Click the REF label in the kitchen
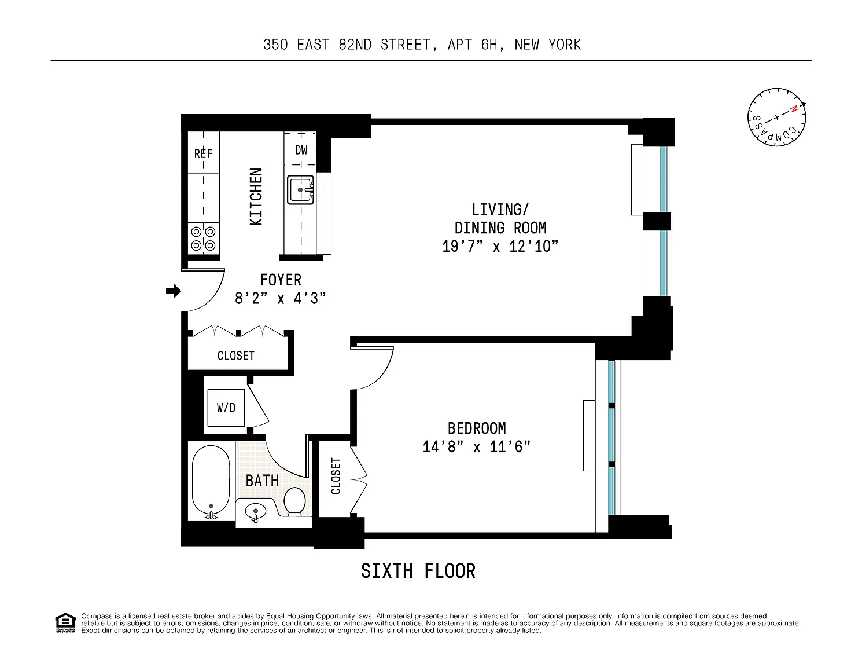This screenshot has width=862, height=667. click(x=203, y=153)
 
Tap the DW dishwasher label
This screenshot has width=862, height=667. click(x=301, y=150)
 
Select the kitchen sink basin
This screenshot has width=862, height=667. click(x=300, y=190)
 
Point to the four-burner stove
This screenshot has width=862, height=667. click(x=203, y=239)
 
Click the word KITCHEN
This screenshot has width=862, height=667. click(x=256, y=197)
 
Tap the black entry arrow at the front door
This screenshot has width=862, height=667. click(x=174, y=291)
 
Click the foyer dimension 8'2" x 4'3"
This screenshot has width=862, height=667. click(x=281, y=298)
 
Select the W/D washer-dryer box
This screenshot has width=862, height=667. click(x=226, y=408)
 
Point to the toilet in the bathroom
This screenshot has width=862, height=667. click(x=294, y=502)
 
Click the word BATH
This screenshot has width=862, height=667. click(x=262, y=481)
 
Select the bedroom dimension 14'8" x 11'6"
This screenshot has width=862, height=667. click(x=477, y=447)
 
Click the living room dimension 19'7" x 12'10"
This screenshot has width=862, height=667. click(x=500, y=247)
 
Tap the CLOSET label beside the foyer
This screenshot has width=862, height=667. click(x=236, y=356)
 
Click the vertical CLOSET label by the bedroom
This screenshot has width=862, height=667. click(x=336, y=476)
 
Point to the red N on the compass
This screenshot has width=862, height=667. click(x=794, y=109)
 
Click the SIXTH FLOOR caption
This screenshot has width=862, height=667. click(x=418, y=571)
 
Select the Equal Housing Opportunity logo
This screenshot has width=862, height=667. click(x=65, y=623)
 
